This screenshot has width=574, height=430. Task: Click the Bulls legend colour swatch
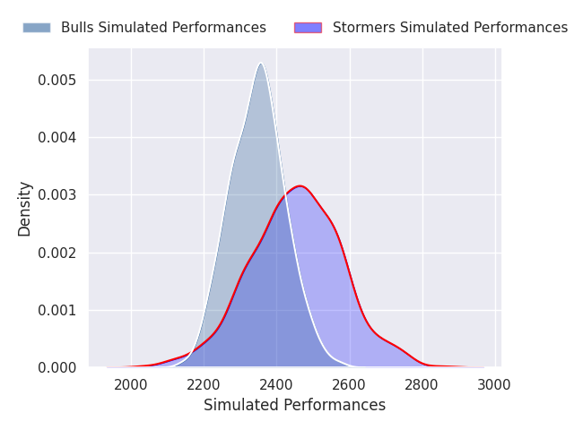pyautogui.click(x=37, y=28)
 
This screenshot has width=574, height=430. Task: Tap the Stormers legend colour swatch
pyautogui.click(x=308, y=28)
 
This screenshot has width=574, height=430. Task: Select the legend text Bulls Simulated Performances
pyautogui.click(x=163, y=28)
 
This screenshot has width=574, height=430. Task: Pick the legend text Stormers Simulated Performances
pyautogui.click(x=450, y=28)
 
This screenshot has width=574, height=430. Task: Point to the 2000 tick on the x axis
pyautogui.click(x=131, y=385)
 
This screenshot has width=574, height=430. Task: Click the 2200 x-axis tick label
pyautogui.click(x=204, y=385)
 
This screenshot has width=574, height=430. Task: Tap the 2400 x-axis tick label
pyautogui.click(x=276, y=385)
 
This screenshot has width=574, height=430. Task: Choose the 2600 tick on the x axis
pyautogui.click(x=349, y=385)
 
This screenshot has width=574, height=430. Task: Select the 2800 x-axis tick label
pyautogui.click(x=422, y=385)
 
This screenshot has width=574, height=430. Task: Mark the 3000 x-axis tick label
pyautogui.click(x=494, y=385)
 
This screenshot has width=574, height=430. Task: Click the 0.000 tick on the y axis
pyautogui.click(x=57, y=368)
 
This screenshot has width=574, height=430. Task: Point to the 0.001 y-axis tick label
pyautogui.click(x=57, y=311)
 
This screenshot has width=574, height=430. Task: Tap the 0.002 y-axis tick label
pyautogui.click(x=57, y=253)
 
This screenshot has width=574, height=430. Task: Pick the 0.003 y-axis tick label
pyautogui.click(x=57, y=195)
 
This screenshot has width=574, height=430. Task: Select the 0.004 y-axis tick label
pyautogui.click(x=57, y=137)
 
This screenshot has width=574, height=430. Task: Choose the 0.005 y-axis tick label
pyautogui.click(x=57, y=80)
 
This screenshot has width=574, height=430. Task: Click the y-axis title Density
pyautogui.click(x=24, y=209)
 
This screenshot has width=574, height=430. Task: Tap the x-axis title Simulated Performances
pyautogui.click(x=295, y=406)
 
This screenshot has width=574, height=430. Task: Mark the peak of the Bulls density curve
pyautogui.click(x=261, y=64)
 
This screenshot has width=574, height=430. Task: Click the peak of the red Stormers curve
pyautogui.click(x=300, y=186)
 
